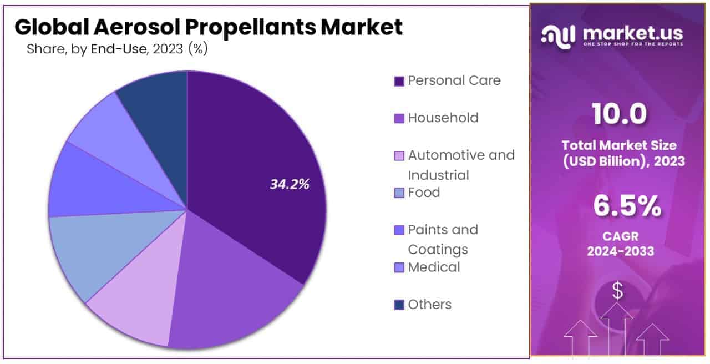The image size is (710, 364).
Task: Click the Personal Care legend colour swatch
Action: (x=399, y=81)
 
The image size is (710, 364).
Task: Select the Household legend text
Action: (x=443, y=118)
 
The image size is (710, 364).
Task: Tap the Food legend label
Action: (x=424, y=193)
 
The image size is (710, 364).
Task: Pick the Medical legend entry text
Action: (x=434, y=267)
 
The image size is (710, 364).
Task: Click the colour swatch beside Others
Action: (x=399, y=305)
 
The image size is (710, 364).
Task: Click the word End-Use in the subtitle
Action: (x=119, y=49)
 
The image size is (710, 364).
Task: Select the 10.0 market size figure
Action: (x=620, y=114)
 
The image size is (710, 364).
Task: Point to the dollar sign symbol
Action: (x=617, y=291)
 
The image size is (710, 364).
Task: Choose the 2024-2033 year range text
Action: (x=621, y=251)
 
